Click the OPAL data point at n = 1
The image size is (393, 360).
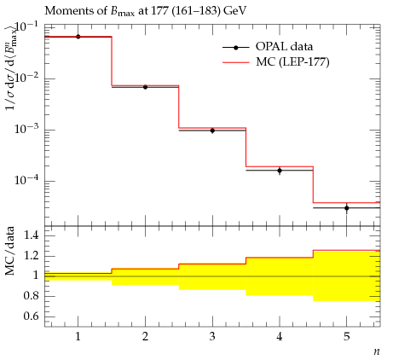(78, 37)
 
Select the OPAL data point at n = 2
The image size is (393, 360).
(145, 87)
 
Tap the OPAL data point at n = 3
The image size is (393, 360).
(212, 131)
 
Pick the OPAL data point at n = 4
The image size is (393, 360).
(280, 171)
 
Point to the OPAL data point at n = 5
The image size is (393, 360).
(347, 208)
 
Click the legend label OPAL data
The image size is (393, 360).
(284, 47)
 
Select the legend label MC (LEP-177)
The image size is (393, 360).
(292, 61)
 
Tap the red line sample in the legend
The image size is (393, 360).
(236, 62)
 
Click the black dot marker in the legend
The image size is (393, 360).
(236, 48)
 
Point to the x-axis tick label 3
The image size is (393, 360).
(212, 337)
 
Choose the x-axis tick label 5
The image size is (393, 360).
(347, 337)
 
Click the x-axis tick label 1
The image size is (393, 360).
(78, 337)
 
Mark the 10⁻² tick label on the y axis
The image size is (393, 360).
(26, 78)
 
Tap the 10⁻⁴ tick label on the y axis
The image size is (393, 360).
(26, 180)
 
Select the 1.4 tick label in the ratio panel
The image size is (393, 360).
(32, 235)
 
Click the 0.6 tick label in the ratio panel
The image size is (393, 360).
(32, 316)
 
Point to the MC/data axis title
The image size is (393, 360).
(10, 251)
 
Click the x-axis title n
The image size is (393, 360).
(377, 351)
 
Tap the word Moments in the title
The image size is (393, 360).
(64, 11)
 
